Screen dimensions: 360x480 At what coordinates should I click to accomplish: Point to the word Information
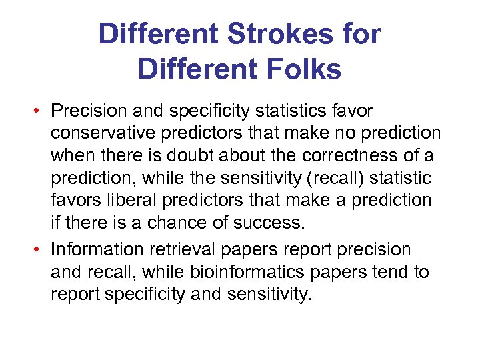[97, 250]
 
